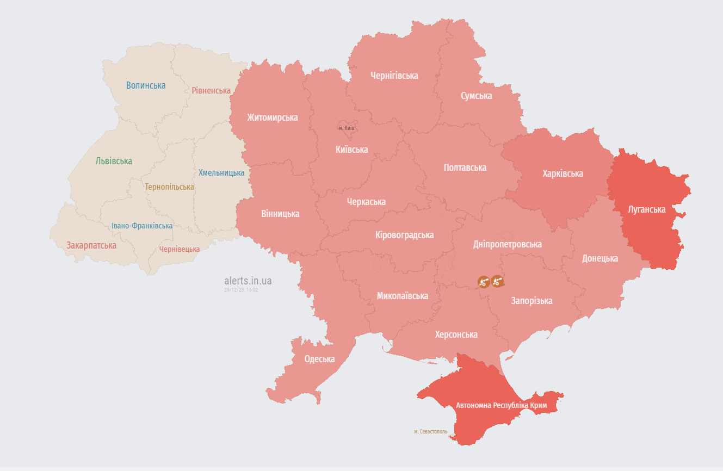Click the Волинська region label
[x=146, y=85]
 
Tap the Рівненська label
[x=211, y=90]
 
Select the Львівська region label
[x=114, y=161]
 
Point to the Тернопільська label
[x=169, y=187]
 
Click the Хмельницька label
[x=221, y=172]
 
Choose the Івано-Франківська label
[x=142, y=226]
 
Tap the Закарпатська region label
[x=91, y=245]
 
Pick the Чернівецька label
[x=179, y=249]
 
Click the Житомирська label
[x=272, y=117]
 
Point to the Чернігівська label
[x=394, y=76]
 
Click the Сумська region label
[x=476, y=96]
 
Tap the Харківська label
[x=563, y=173]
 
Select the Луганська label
[x=646, y=209]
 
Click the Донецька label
[x=600, y=258]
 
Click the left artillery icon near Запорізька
[x=483, y=281]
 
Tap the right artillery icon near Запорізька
[x=497, y=281]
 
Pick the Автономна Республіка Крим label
[x=500, y=406]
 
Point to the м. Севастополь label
[x=430, y=431]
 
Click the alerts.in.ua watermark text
[x=248, y=281]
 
